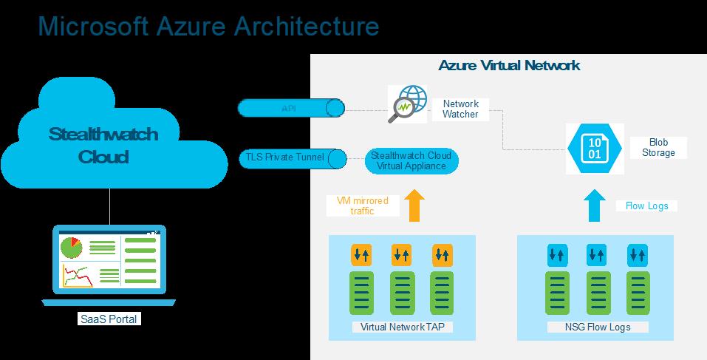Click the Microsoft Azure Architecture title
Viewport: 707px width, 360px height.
tap(208, 26)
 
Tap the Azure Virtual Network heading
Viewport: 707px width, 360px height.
tap(509, 65)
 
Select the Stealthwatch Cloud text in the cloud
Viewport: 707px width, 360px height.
tap(103, 146)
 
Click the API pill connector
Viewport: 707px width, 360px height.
tap(291, 109)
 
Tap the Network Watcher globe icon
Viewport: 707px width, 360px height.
tap(408, 104)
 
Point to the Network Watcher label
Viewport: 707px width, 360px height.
tap(460, 109)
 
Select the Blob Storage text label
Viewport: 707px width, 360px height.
tap(658, 147)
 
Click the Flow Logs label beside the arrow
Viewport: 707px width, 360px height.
tap(646, 206)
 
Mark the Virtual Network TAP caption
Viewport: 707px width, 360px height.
tap(402, 326)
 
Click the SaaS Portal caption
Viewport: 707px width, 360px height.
tap(109, 319)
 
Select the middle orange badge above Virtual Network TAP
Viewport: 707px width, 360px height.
tap(402, 255)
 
